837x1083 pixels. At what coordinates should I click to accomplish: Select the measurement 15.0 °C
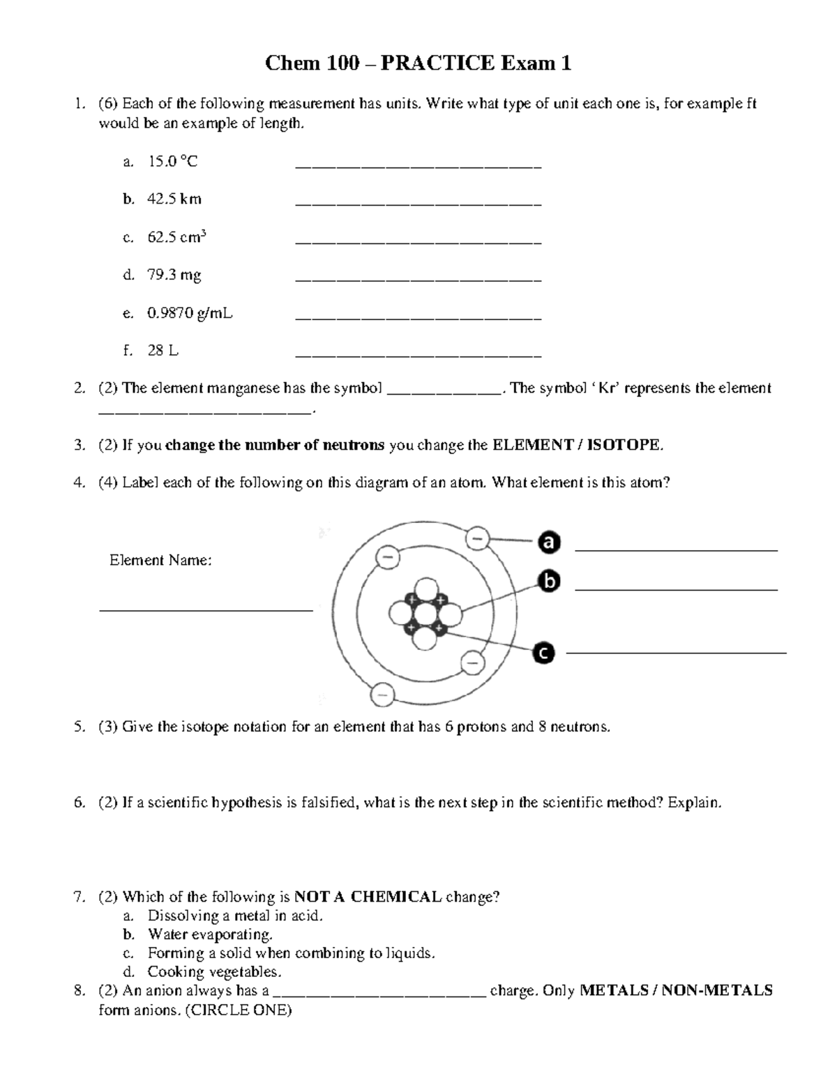(172, 162)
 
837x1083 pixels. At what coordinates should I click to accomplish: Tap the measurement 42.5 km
(174, 199)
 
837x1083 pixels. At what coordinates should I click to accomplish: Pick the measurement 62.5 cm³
(176, 237)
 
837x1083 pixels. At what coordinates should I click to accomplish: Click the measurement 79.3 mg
(174, 275)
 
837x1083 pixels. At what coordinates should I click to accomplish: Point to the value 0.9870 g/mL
(190, 313)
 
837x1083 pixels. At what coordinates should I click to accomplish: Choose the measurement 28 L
(163, 351)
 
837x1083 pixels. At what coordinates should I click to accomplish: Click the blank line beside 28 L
(418, 356)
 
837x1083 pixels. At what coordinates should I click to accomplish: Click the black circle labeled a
(549, 543)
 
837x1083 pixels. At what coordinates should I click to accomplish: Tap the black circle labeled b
(549, 581)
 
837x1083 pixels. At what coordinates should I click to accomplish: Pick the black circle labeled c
(543, 653)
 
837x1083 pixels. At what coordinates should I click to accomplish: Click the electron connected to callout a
(478, 538)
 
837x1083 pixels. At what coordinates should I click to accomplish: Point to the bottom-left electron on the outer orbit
(382, 694)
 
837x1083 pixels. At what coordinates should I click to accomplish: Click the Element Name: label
(160, 560)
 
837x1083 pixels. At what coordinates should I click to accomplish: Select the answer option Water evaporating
(209, 934)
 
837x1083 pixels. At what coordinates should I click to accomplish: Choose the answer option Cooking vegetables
(214, 972)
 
